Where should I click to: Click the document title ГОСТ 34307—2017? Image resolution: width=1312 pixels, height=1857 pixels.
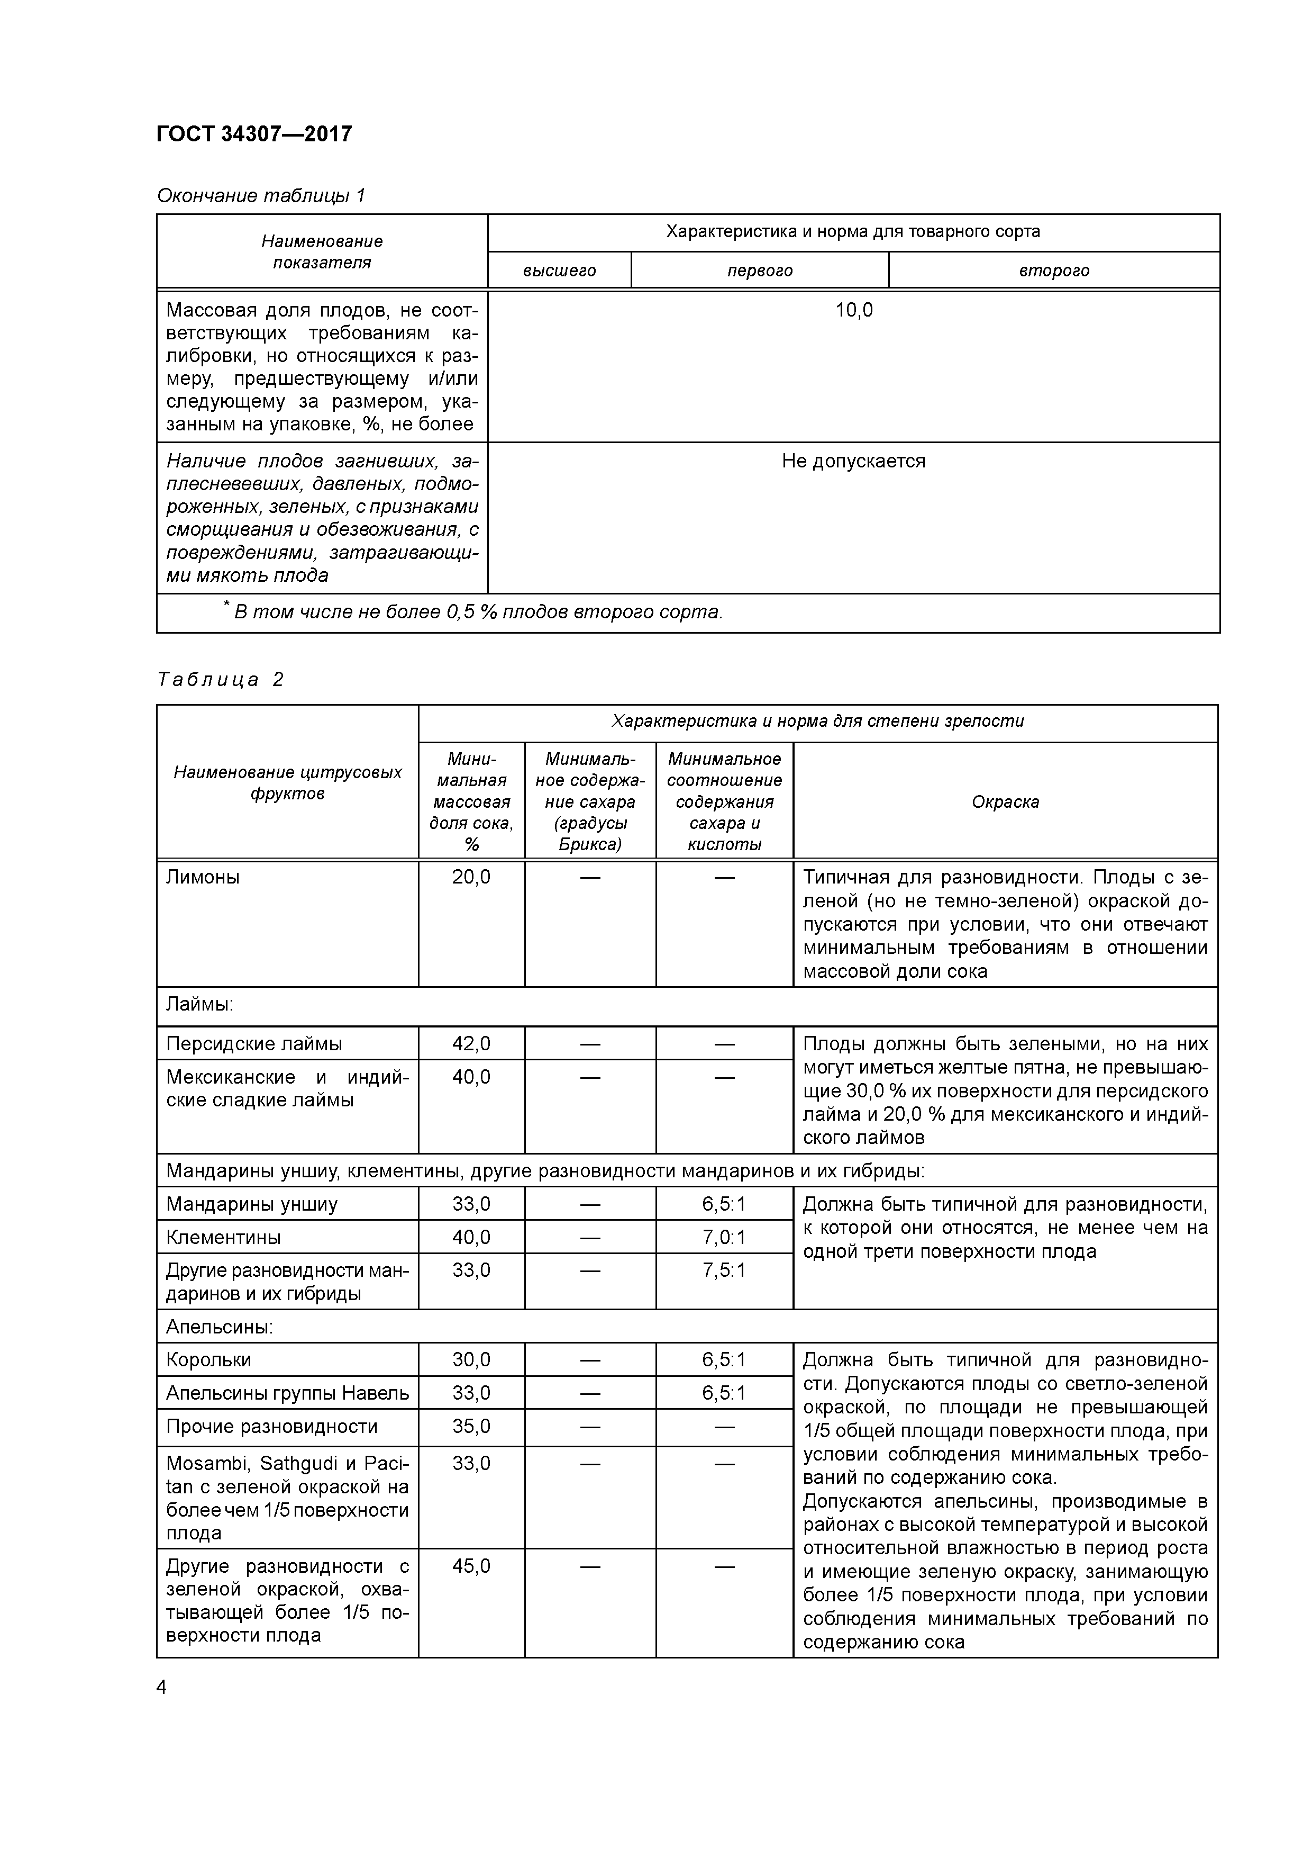[x=254, y=133]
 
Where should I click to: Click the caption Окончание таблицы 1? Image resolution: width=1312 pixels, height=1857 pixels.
[x=261, y=196]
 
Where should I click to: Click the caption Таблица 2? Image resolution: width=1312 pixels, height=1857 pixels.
[x=220, y=679]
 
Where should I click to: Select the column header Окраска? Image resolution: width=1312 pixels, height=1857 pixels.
[x=1005, y=801]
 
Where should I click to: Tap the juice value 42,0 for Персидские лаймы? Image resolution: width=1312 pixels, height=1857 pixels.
[x=471, y=1044]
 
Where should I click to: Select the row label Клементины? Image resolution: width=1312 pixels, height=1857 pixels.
[x=224, y=1238]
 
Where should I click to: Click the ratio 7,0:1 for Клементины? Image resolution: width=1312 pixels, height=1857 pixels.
[x=724, y=1238]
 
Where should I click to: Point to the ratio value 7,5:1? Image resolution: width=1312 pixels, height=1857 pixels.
[x=724, y=1270]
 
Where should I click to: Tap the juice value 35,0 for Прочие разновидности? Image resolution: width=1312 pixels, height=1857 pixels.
[x=471, y=1427]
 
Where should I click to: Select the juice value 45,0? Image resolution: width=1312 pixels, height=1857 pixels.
[x=471, y=1566]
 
